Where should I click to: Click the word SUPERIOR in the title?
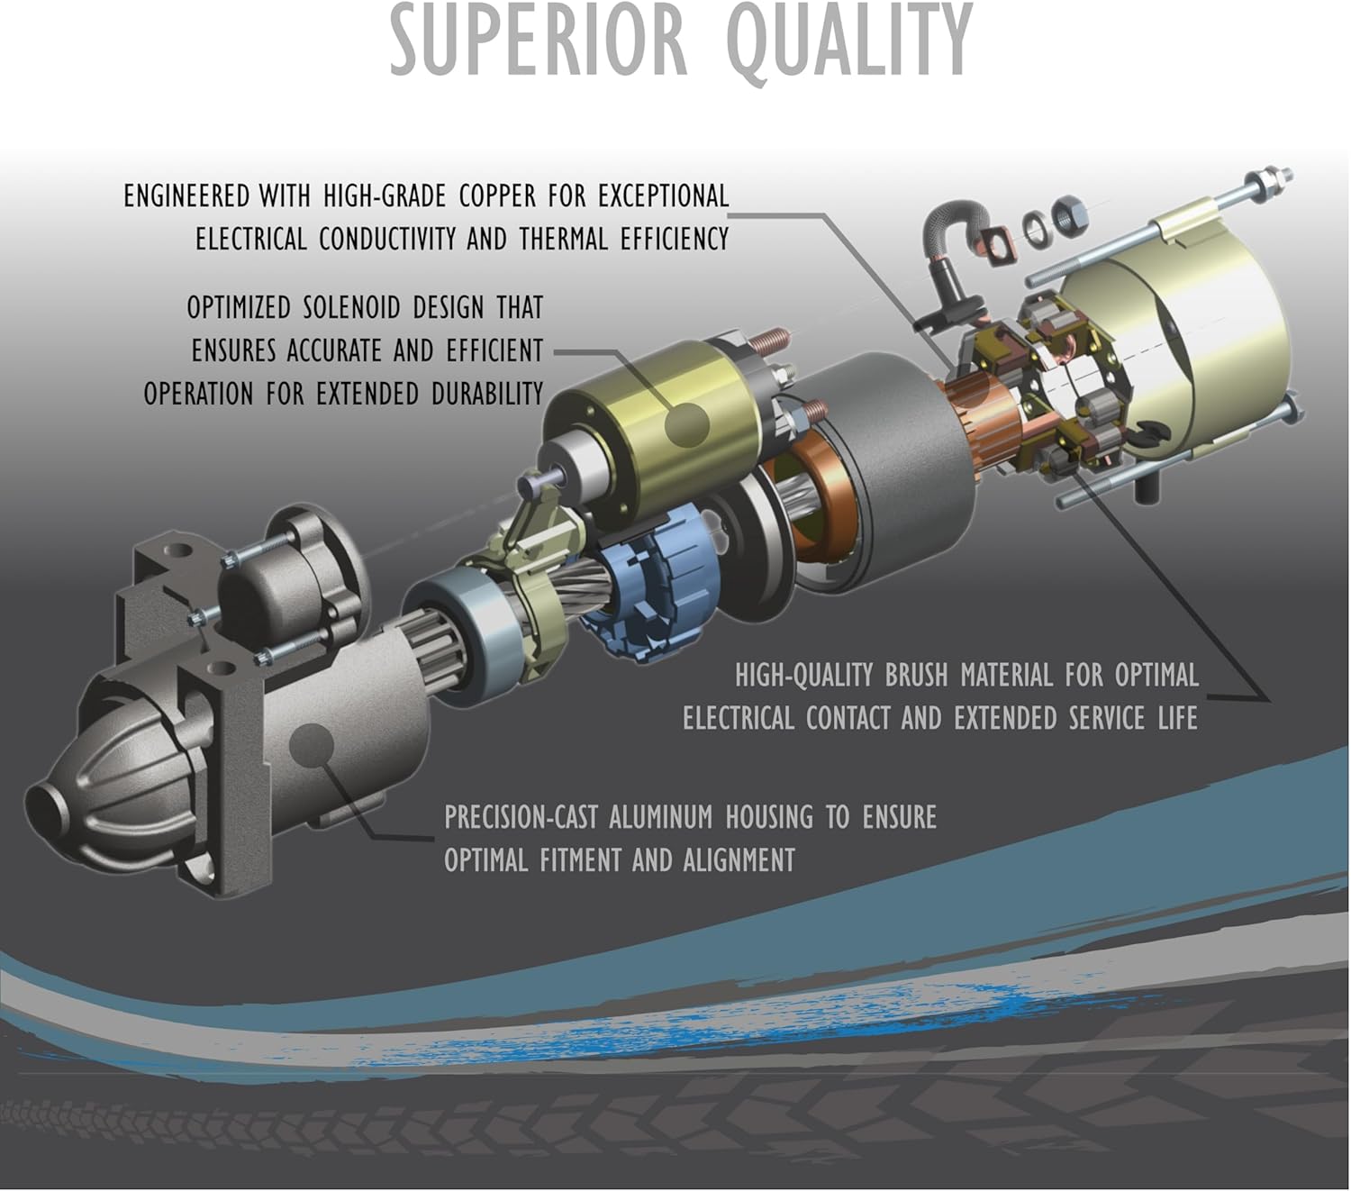tap(539, 41)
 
